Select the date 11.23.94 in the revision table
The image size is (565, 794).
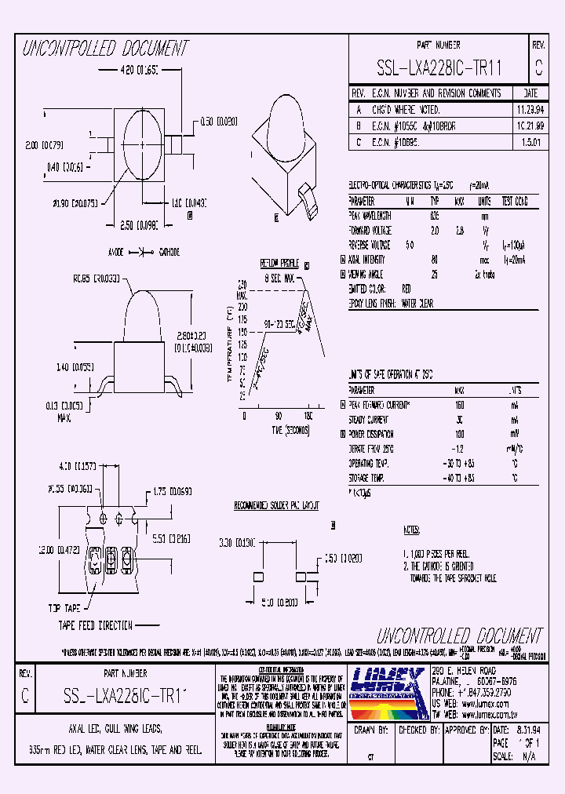pos(512,110)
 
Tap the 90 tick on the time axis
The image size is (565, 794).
pos(278,416)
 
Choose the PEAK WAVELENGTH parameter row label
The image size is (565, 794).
pos(370,215)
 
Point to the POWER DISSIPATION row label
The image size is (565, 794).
pos(374,432)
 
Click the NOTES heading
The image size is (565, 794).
pos(411,530)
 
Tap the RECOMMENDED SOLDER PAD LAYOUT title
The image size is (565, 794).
pos(277,506)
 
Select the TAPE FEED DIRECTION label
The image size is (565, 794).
pos(95,625)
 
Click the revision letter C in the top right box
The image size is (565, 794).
pos(538,69)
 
